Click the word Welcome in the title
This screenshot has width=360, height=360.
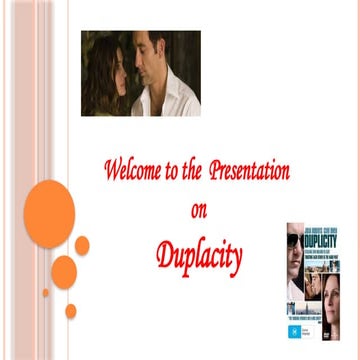(133, 170)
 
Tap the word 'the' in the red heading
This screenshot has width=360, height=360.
(191, 170)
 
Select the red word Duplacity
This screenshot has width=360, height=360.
(199, 258)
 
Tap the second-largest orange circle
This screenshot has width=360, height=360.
(64, 272)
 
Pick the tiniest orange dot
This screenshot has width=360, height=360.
(45, 293)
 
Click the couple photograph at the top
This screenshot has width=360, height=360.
(141, 73)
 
